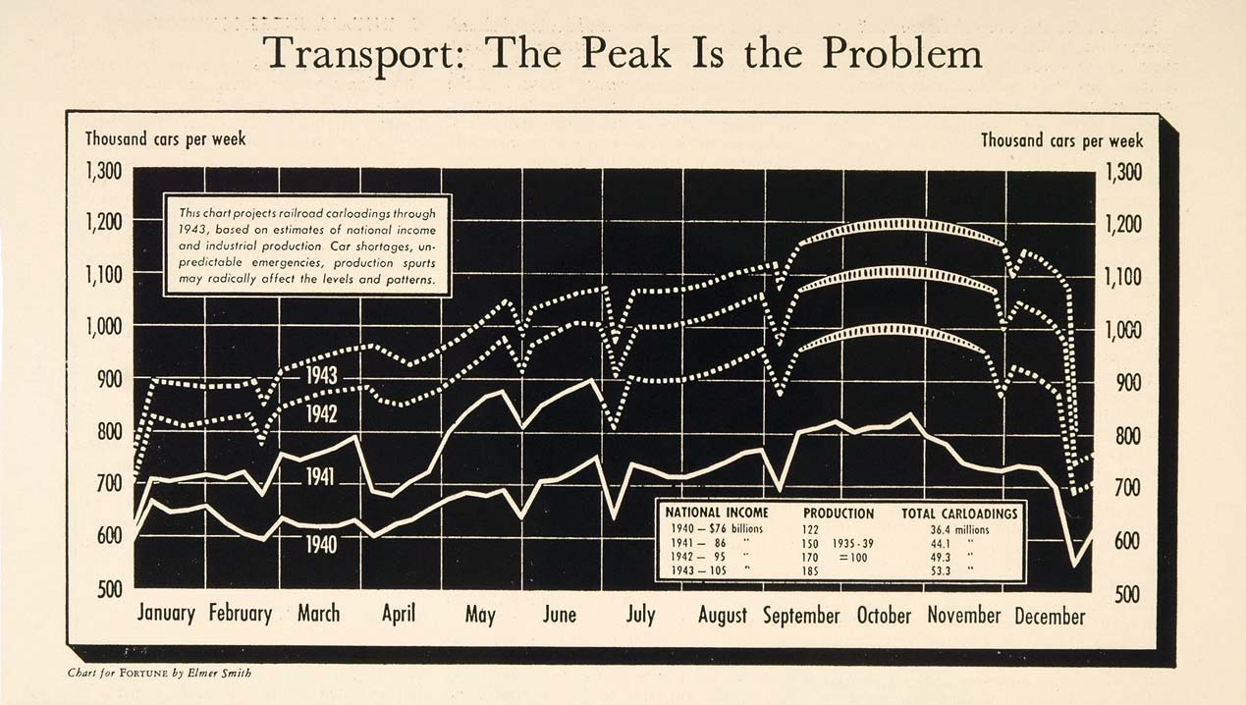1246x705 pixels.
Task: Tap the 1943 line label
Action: coord(321,375)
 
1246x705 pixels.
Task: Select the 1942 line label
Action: coord(321,414)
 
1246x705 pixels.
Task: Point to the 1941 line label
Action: coord(320,477)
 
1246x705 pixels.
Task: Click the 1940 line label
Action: coord(320,544)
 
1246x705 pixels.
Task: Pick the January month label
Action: coord(166,614)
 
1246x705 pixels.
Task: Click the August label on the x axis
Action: coord(722,616)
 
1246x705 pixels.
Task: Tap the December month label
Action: coord(1050,616)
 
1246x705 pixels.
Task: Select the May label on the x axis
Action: coord(480,616)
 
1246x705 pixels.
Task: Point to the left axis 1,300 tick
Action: coord(103,172)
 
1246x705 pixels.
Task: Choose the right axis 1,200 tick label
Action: coord(1124,225)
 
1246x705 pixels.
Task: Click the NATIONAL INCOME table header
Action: coord(717,513)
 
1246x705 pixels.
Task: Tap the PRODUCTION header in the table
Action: coord(839,513)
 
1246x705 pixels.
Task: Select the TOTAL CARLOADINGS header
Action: coord(959,513)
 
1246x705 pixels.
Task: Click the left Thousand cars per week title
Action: coord(165,138)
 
